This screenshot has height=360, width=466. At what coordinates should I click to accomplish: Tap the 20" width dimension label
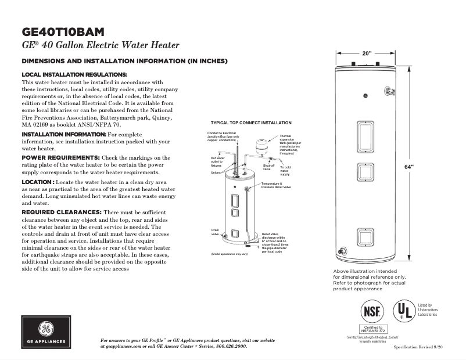pyautogui.click(x=367, y=53)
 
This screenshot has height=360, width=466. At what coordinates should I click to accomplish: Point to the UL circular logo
pyautogui.click(x=403, y=311)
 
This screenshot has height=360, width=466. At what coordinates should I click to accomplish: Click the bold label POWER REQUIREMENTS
pyautogui.click(x=60, y=157)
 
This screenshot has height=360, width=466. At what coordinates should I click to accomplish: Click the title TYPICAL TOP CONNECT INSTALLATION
pyautogui.click(x=251, y=123)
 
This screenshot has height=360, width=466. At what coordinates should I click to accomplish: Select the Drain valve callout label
pyautogui.click(x=215, y=232)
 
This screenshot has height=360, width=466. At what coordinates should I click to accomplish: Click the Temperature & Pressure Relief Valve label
pyautogui.click(x=279, y=186)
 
